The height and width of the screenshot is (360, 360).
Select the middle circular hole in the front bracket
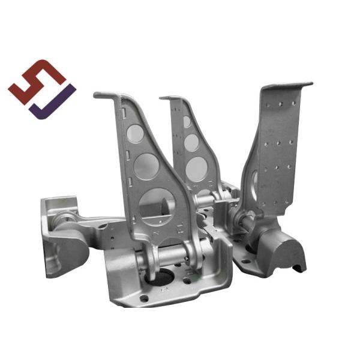[x=147, y=166]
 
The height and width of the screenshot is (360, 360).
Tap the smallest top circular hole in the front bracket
[x=136, y=134]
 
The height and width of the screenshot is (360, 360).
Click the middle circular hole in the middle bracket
[x=192, y=142]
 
